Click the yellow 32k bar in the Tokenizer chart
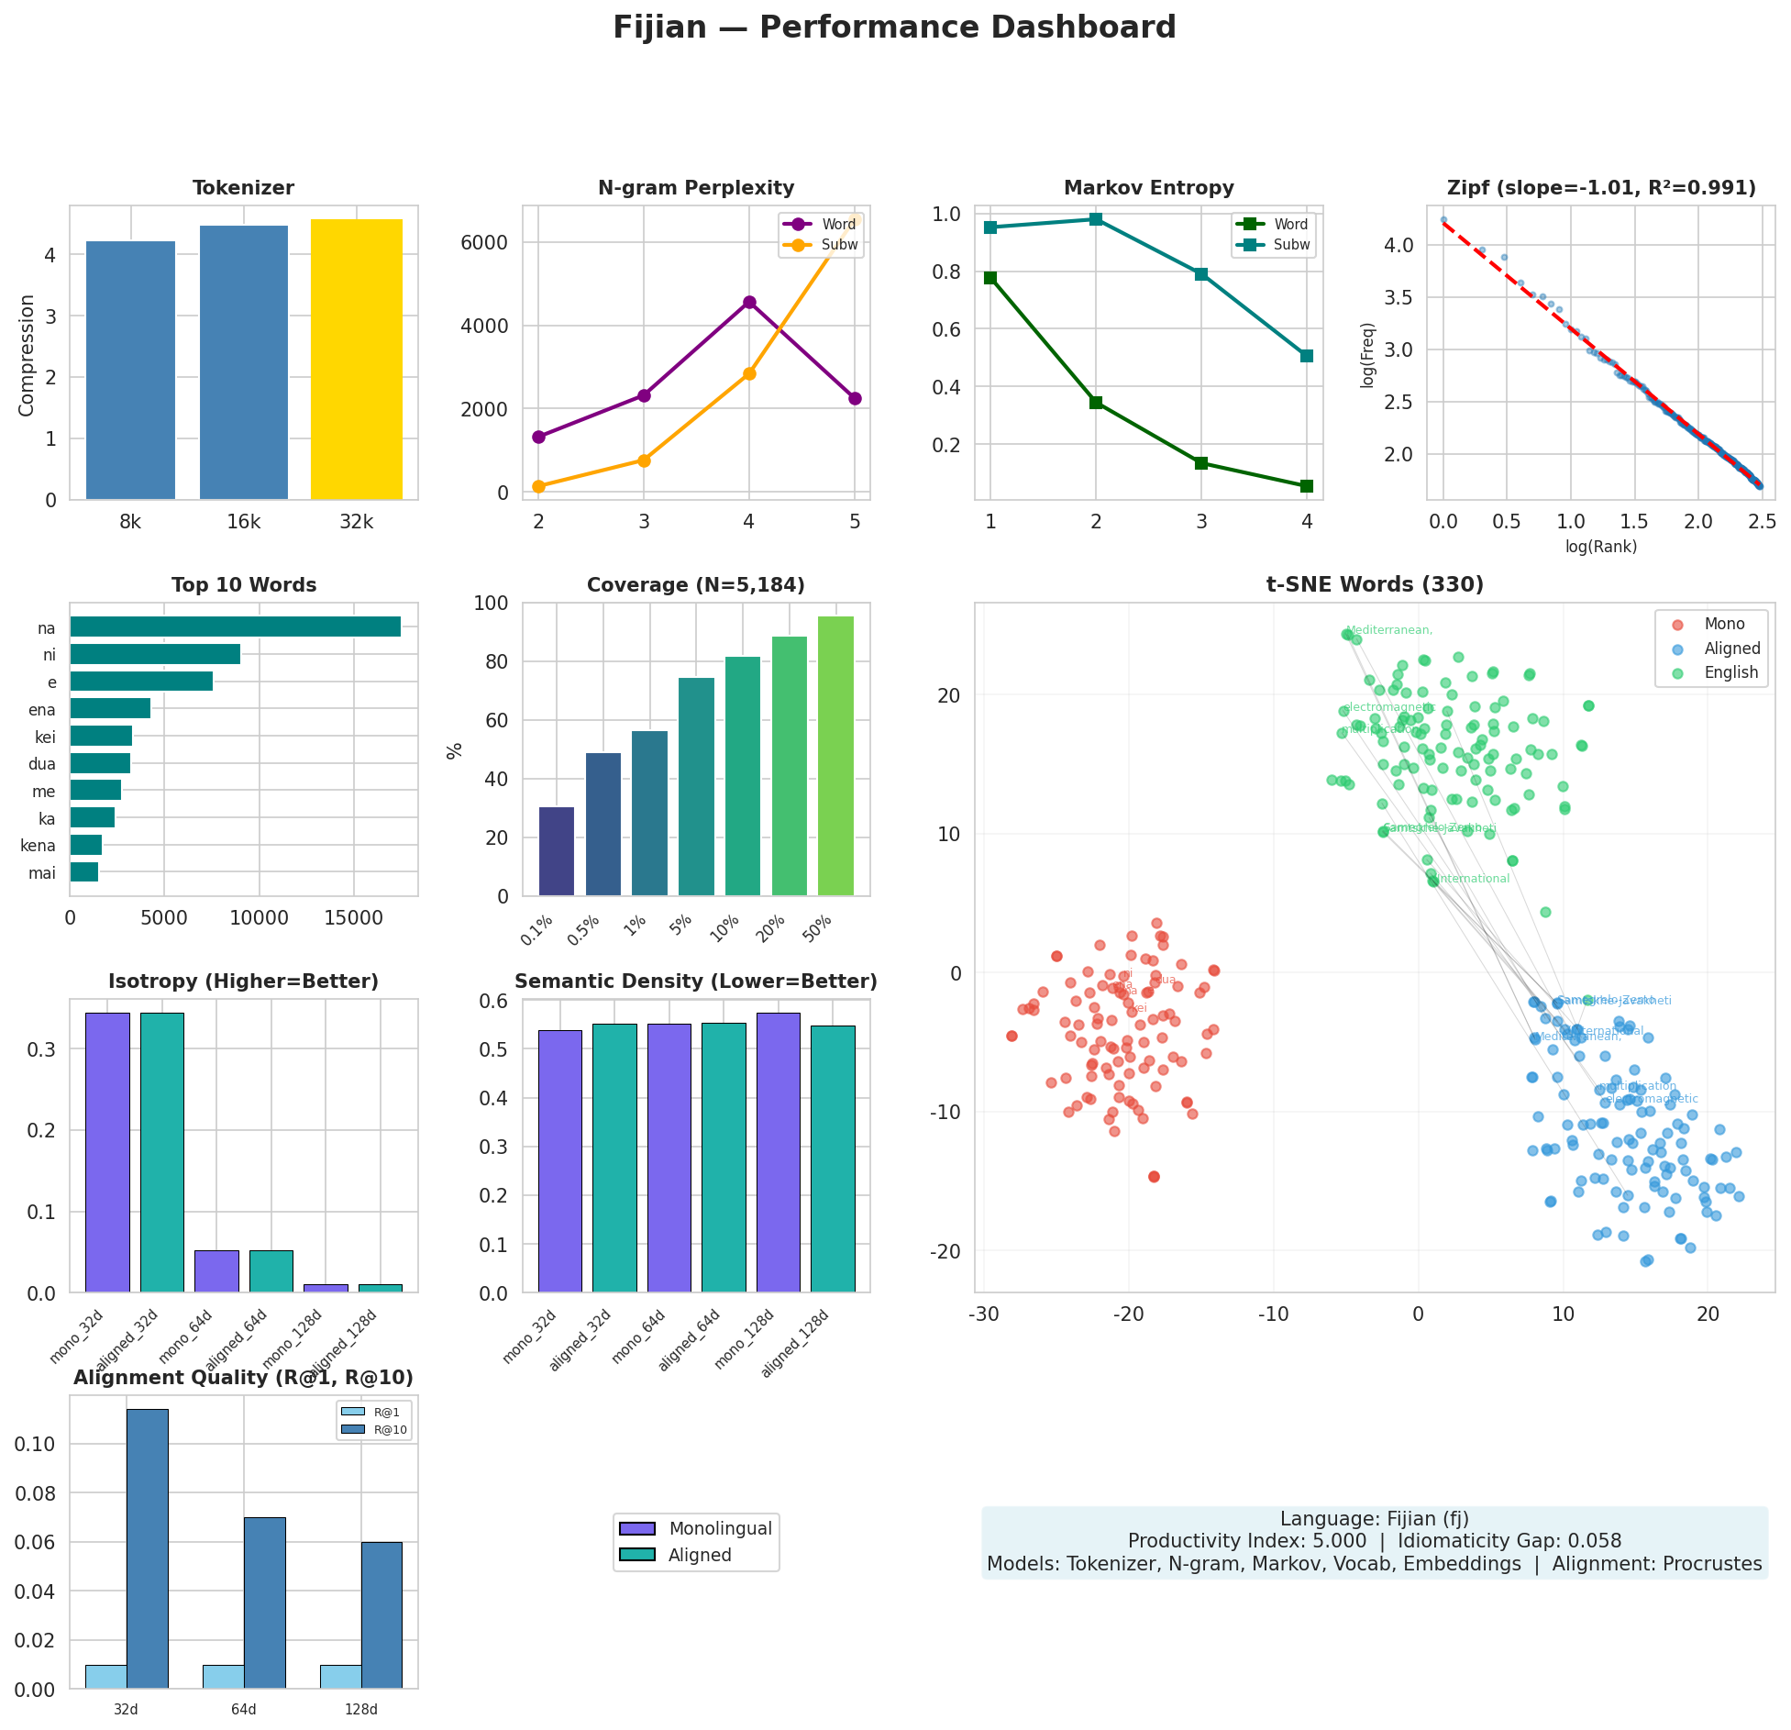tap(356, 360)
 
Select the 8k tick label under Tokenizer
tap(130, 522)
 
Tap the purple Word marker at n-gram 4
tap(749, 302)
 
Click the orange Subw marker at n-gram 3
tap(644, 460)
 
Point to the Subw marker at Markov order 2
tap(1096, 219)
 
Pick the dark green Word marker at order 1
tap(990, 277)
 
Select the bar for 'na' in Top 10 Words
tap(235, 627)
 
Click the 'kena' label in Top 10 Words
tap(38, 846)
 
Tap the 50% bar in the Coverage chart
tap(835, 756)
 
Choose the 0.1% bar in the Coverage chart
tap(556, 851)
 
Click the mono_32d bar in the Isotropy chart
tap(107, 1152)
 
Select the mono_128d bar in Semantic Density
tap(778, 1152)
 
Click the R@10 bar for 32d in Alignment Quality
tap(148, 1548)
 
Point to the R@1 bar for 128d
tap(340, 1676)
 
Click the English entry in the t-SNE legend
tap(1730, 672)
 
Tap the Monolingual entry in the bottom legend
tap(720, 1528)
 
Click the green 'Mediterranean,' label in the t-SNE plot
tap(1388, 630)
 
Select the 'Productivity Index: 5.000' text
tap(1246, 1541)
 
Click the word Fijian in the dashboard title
tap(659, 28)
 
